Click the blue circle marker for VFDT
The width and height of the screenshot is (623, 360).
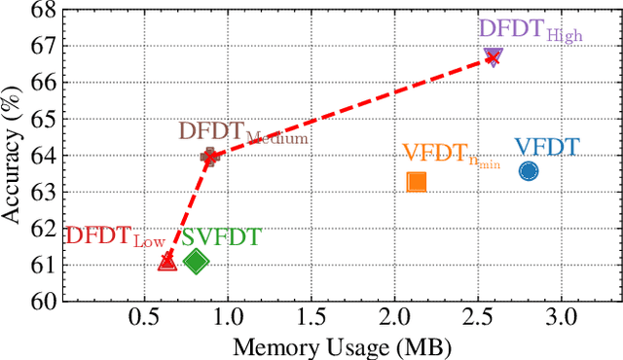coord(529,171)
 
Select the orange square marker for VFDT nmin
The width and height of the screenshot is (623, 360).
coord(417,182)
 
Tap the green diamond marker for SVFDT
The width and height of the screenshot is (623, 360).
coord(196,261)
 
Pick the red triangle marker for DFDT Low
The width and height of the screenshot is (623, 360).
coord(166,261)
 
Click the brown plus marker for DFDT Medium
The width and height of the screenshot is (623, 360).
coord(208,156)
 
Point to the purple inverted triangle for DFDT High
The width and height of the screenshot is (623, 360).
coord(493,57)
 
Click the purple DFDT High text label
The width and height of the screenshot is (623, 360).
coord(531,32)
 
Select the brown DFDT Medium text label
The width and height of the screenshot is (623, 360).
coord(242,133)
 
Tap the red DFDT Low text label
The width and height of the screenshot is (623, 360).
coord(114,237)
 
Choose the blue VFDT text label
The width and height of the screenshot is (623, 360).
coord(546,147)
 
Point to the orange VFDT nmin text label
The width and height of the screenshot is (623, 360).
coord(451,155)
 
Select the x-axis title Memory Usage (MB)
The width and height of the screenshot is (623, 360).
coord(340,345)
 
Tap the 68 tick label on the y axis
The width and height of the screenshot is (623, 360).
coord(41,10)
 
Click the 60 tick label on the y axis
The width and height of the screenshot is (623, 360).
coord(41,302)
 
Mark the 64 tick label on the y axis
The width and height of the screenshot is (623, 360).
coord(41,156)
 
